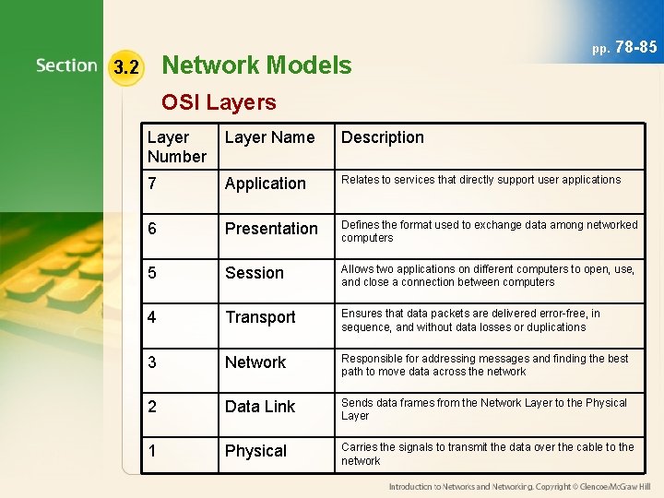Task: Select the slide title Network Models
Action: pos(255,65)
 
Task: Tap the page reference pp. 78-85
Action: pos(624,47)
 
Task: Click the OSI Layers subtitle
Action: pos(219,102)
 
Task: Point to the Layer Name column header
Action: pos(269,137)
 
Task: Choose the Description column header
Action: pos(383,137)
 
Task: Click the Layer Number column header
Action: pos(176,147)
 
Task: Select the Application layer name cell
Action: pos(265,184)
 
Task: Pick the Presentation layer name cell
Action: pos(271,228)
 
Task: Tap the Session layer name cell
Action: pos(255,273)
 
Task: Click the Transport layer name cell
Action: pos(260,317)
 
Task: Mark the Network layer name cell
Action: pos(255,362)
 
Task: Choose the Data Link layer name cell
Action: pos(260,407)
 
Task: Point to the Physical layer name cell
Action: pos(255,451)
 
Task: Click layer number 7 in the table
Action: pos(152,183)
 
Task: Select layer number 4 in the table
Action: pos(152,317)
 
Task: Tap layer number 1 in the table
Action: pos(152,451)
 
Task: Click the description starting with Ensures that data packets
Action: pos(470,320)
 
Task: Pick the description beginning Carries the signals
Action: pos(487,454)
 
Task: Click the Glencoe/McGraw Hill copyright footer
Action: pos(519,486)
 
